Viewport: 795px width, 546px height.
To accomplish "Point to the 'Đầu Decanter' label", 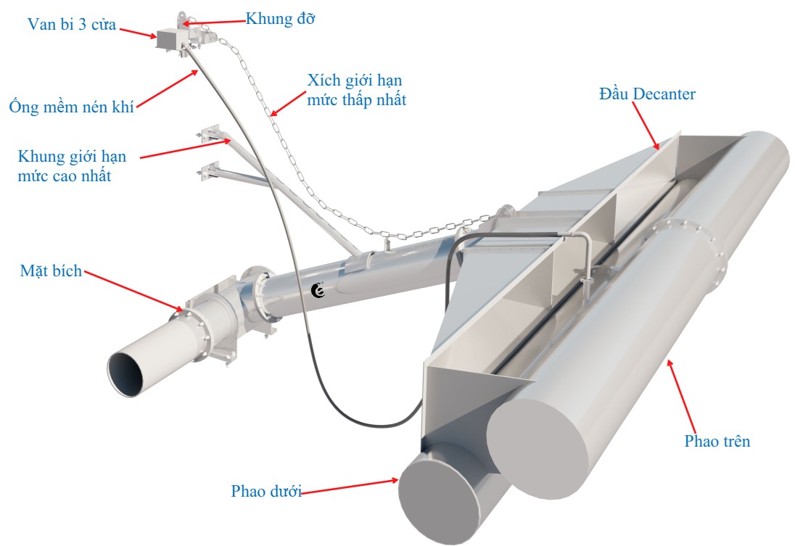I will pos(647,94).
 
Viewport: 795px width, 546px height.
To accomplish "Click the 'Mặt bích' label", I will pos(51,272).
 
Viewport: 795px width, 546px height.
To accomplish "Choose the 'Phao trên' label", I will pos(717,440).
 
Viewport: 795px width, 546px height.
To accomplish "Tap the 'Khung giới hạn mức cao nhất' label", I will pos(69,165).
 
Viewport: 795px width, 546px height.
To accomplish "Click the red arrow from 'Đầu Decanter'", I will pos(646,125).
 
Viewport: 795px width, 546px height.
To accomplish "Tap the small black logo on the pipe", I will pos(317,290).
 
